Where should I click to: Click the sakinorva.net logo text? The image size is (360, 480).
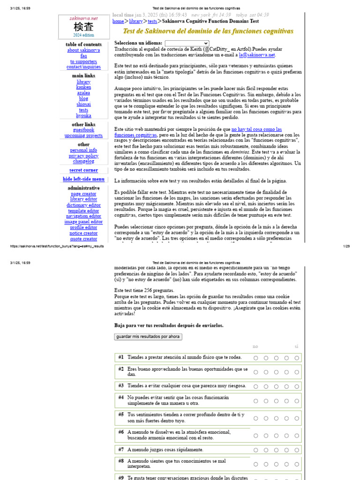pos(83,18)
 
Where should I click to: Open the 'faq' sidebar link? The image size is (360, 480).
pos(83,56)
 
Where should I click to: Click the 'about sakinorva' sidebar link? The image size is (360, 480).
pos(83,50)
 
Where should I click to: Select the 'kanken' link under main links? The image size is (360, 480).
pos(83,87)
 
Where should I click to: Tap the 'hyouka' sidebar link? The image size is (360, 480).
pos(83,115)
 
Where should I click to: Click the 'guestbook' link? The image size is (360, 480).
pos(83,130)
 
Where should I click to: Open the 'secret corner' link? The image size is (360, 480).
pos(83,170)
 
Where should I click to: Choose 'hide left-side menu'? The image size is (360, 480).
pos(83,179)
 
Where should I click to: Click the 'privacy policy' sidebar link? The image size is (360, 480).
pos(83,156)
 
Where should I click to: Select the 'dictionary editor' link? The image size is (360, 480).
pos(83,205)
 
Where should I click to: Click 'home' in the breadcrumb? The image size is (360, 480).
pos(118,21)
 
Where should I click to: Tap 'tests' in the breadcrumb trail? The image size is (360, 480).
pos(152,21)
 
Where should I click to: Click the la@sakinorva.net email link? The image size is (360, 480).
pos(257,55)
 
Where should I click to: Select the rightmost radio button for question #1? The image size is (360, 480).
pos(297,358)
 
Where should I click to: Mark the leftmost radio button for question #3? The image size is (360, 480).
pos(256,386)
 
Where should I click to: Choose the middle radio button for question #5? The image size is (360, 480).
pos(276,418)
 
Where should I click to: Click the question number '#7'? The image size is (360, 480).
pos(121,449)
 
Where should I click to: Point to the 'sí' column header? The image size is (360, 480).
pos(296,346)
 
